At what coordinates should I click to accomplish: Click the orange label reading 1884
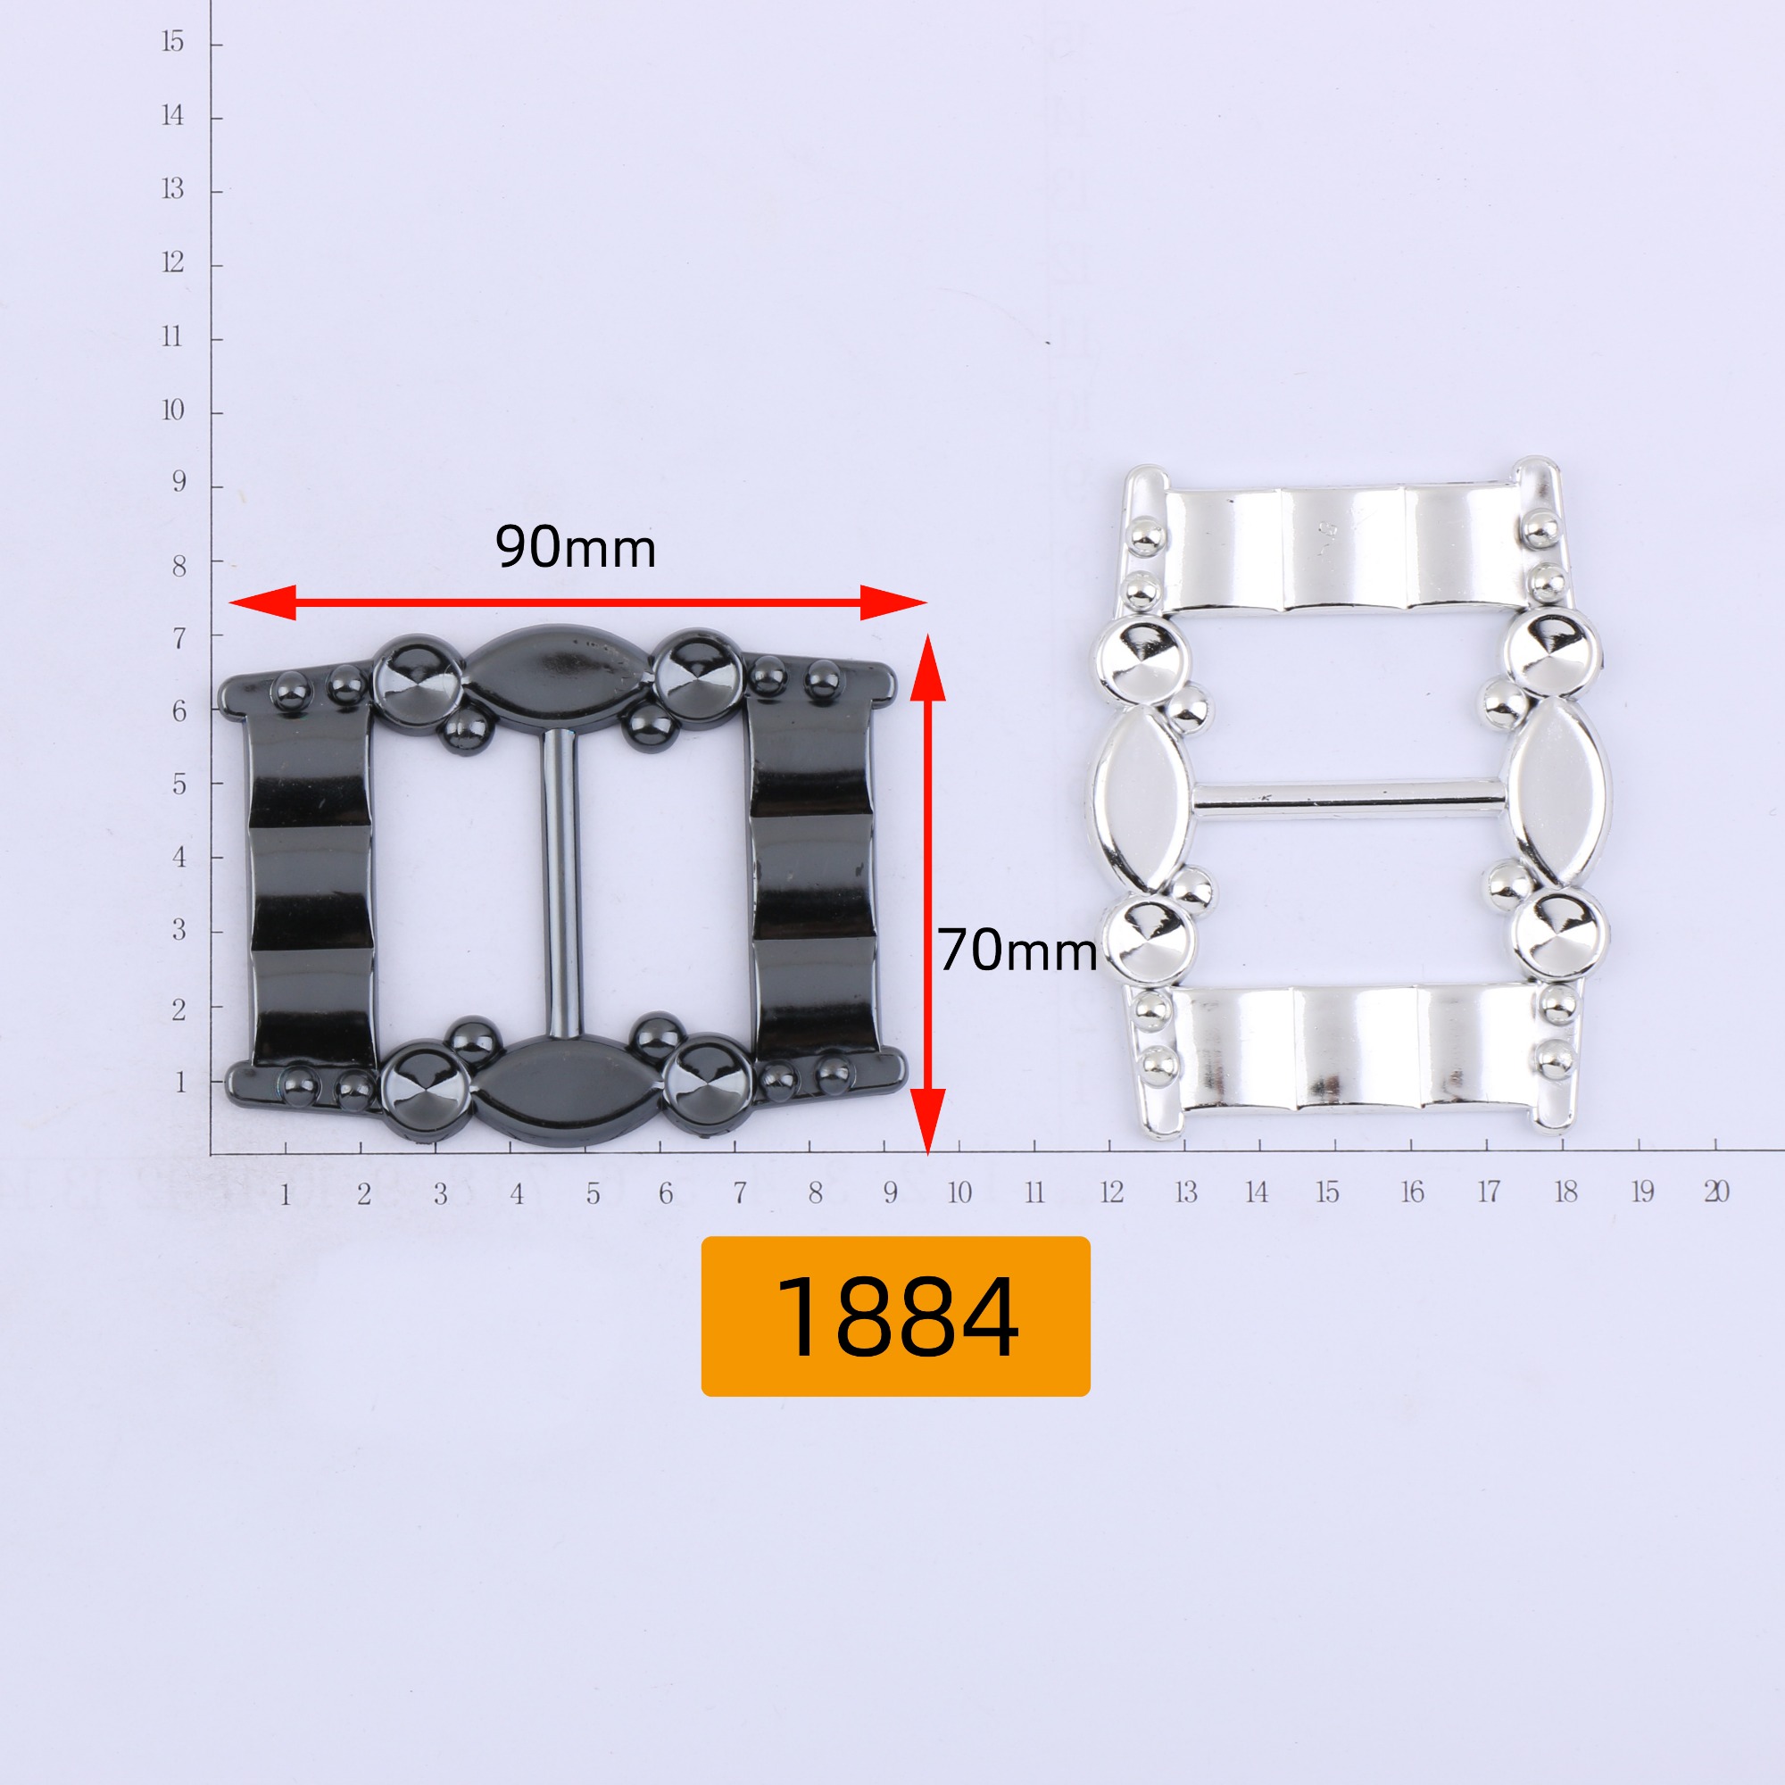(x=895, y=1316)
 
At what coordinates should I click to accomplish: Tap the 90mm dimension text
(x=576, y=547)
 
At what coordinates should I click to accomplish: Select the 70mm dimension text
(x=1017, y=951)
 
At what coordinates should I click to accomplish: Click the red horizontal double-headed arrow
(x=577, y=602)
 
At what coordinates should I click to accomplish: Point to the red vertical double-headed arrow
(x=927, y=893)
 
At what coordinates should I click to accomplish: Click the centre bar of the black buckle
(x=559, y=883)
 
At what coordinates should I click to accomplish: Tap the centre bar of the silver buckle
(x=1349, y=796)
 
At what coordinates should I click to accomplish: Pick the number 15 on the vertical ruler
(x=173, y=42)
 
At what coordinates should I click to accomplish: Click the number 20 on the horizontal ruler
(x=1716, y=1191)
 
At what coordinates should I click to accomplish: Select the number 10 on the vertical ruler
(x=173, y=411)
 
